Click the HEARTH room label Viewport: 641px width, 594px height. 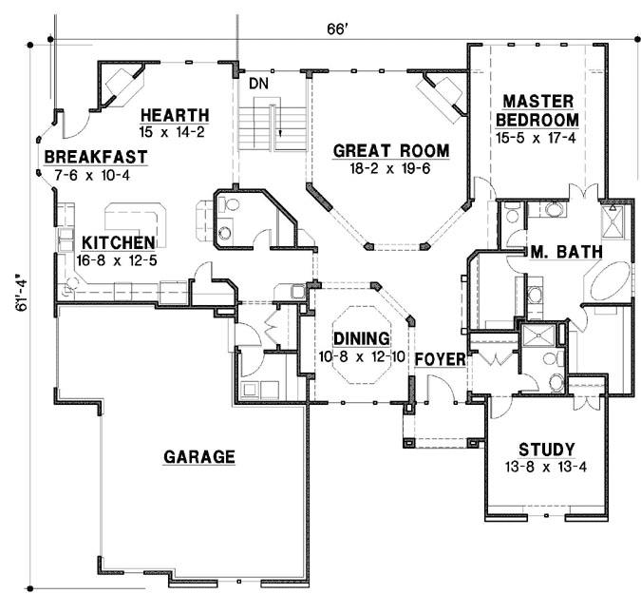[171, 115]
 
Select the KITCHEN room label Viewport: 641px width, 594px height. [118, 242]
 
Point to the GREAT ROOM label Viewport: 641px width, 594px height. [390, 151]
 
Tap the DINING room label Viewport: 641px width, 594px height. [361, 338]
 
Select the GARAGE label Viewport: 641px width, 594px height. [198, 457]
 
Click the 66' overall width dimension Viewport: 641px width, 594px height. [339, 29]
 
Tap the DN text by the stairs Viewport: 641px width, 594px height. [259, 83]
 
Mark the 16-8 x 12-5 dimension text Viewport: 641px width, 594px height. [118, 259]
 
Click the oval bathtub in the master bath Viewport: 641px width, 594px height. [606, 284]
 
